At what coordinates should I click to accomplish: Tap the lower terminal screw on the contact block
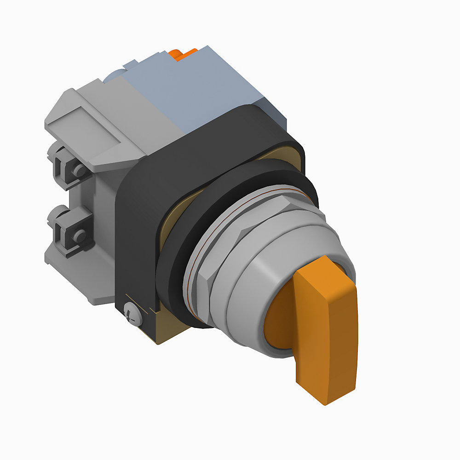pyautogui.click(x=79, y=236)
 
